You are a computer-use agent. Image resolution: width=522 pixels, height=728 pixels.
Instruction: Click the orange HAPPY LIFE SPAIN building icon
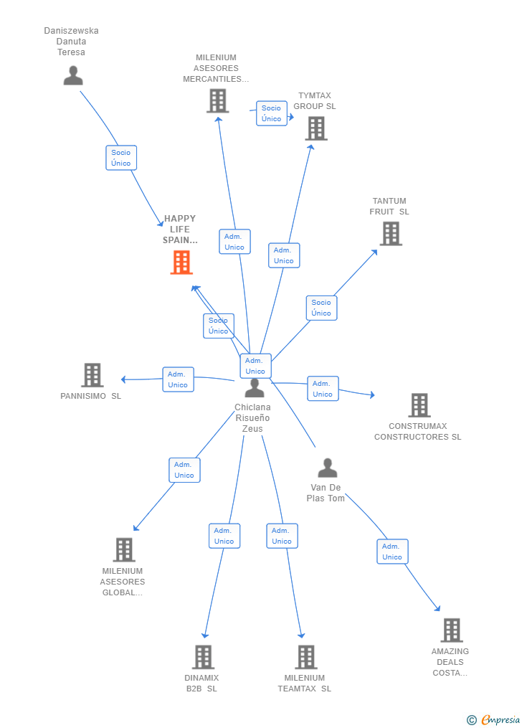(x=181, y=263)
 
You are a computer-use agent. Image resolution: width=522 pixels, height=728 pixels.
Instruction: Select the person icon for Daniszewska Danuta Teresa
(x=72, y=75)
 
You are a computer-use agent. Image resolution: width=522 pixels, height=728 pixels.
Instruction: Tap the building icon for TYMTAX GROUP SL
(x=315, y=128)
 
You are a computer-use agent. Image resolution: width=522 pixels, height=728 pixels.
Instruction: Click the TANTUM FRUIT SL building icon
(x=390, y=233)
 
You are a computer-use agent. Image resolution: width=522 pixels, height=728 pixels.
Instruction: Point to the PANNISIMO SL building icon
(x=92, y=375)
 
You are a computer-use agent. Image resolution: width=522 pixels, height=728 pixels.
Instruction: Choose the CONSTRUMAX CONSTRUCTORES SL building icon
(x=419, y=405)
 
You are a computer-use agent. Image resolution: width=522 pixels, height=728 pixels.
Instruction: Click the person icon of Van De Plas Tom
(x=327, y=468)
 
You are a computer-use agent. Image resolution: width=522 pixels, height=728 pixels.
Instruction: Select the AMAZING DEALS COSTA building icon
(x=451, y=630)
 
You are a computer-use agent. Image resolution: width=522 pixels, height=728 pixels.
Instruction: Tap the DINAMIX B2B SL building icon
(x=203, y=656)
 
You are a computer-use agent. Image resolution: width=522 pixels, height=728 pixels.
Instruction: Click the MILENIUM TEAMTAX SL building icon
(x=305, y=656)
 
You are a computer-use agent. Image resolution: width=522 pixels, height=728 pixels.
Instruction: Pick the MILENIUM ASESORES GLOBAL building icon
(x=123, y=549)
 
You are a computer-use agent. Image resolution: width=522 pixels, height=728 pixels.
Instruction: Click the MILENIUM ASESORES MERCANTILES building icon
(x=217, y=100)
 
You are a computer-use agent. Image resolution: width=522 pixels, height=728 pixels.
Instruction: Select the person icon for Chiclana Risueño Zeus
(x=254, y=388)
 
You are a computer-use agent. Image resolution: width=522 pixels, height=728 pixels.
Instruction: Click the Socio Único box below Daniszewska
(x=120, y=158)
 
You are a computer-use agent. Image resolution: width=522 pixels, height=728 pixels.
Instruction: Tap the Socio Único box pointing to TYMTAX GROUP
(x=272, y=113)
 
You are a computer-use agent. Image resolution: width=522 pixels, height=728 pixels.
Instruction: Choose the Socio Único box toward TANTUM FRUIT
(x=321, y=308)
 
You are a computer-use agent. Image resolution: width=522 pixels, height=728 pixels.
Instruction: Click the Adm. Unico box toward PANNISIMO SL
(x=178, y=379)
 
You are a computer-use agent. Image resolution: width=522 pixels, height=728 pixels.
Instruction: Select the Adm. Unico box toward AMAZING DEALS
(x=392, y=552)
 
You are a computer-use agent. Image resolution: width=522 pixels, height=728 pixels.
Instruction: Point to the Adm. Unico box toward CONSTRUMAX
(x=323, y=389)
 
